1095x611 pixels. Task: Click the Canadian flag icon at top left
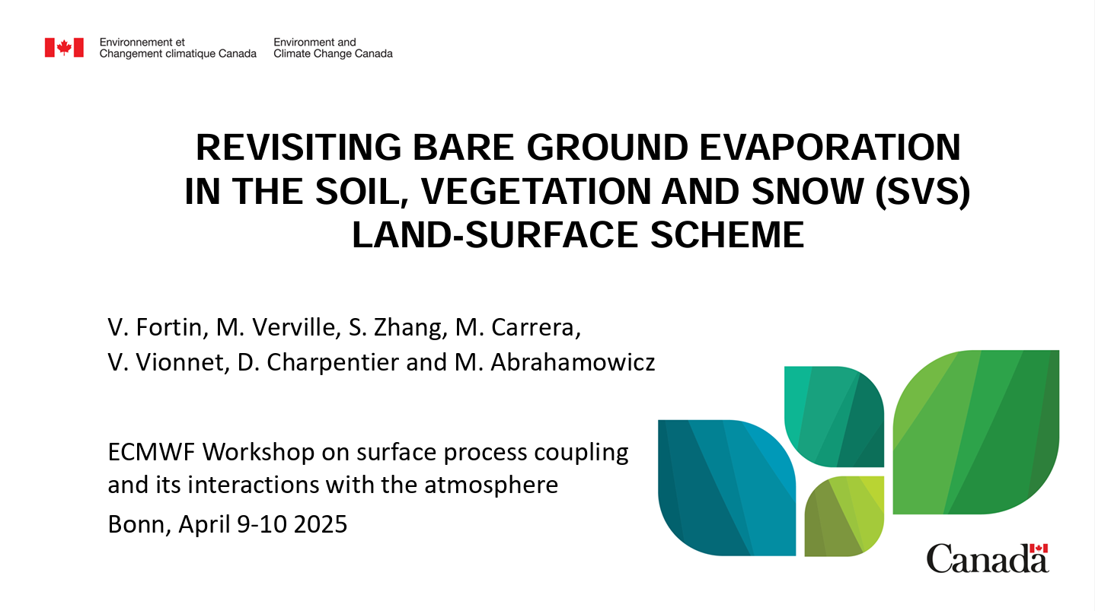tap(64, 47)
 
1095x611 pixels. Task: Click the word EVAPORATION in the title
tap(830, 147)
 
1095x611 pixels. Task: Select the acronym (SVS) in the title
tap(922, 192)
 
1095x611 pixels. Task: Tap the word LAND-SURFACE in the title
tap(495, 235)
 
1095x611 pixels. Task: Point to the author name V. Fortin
tap(155, 327)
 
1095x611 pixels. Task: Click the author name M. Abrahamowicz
tap(555, 362)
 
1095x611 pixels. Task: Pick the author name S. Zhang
tap(395, 327)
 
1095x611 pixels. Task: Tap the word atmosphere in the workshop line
tap(491, 485)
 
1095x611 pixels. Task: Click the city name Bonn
tap(139, 524)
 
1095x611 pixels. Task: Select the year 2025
tap(321, 524)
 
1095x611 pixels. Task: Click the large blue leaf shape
tap(726, 488)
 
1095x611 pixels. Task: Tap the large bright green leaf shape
tap(975, 431)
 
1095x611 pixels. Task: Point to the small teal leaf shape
tap(834, 417)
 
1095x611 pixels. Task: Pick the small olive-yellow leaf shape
tap(844, 516)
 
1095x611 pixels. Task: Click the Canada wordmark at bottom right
tap(988, 558)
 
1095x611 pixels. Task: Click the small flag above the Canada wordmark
tap(1039, 549)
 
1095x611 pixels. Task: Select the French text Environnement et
tap(142, 42)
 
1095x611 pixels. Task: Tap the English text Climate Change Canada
tap(333, 54)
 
